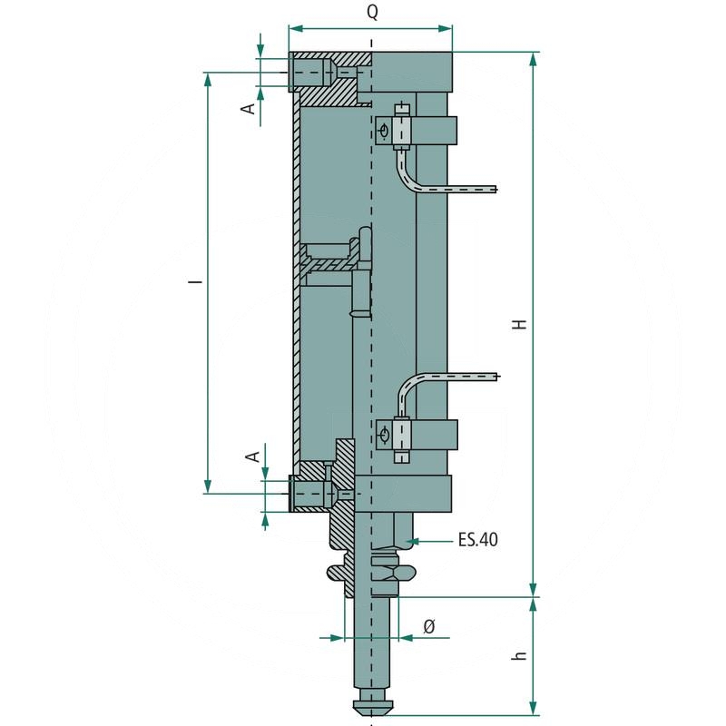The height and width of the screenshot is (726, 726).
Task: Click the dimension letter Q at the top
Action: pos(372,13)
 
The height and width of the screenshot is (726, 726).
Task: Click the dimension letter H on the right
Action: pos(518,324)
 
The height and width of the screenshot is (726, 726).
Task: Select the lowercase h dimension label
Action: pos(518,655)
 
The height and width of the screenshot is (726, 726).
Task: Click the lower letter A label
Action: pos(255,455)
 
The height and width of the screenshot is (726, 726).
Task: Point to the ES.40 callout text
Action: pos(477,541)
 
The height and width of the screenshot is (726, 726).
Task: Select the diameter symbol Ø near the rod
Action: pos(429,625)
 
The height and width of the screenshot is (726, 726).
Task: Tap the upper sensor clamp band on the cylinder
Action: pos(436,131)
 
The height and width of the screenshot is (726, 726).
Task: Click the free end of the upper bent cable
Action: pos(495,190)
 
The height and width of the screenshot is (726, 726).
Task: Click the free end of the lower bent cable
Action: pos(495,375)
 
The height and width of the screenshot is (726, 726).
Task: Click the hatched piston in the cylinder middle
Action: pos(331,264)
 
